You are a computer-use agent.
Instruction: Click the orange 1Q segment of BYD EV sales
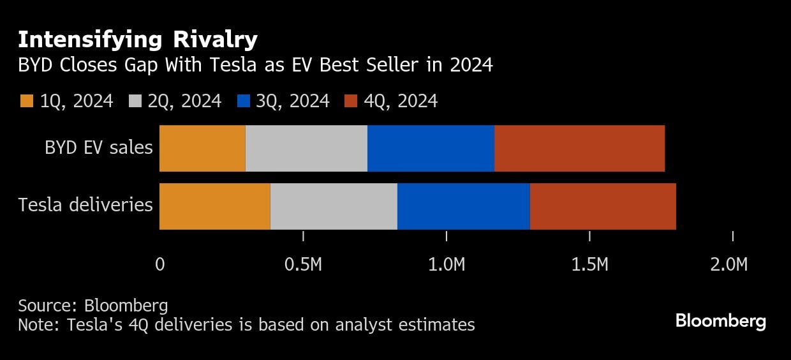pos(202,148)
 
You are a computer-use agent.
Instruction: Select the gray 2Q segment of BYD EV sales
pos(306,148)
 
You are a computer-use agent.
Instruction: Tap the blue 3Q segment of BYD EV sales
pos(431,148)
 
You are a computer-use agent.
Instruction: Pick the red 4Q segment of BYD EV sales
pos(579,148)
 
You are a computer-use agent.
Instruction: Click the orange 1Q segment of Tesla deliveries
pos(214,206)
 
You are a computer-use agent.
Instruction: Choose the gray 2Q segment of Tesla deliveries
pos(334,206)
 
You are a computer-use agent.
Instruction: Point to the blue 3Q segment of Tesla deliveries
pos(463,206)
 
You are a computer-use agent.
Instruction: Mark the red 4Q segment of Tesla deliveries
pos(603,206)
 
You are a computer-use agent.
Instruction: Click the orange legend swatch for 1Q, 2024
pos(27,101)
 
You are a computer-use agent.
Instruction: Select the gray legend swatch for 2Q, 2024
pos(135,101)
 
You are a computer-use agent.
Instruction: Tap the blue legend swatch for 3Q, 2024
pos(242,101)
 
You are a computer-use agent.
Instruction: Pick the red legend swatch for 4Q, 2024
pos(351,101)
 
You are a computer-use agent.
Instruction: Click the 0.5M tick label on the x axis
pos(303,264)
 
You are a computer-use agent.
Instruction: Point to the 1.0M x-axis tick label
pos(447,264)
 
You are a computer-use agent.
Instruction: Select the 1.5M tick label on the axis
pos(590,264)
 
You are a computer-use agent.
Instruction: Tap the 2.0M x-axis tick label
pos(728,264)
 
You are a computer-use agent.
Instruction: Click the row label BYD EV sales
pos(98,148)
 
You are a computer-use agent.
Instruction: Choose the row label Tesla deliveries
pos(85,206)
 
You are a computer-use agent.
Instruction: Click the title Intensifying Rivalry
pos(137,40)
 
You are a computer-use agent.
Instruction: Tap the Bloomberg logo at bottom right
pos(720,321)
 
